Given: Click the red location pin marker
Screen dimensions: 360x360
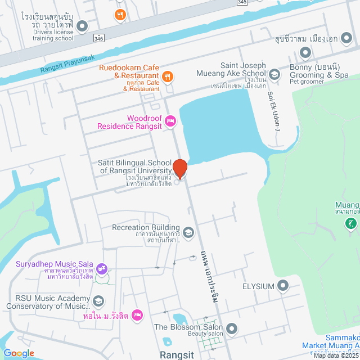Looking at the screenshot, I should point(180,168).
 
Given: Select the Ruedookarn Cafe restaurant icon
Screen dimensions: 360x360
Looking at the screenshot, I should point(167,76).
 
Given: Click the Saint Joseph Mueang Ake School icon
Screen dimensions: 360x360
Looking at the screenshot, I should point(274,73).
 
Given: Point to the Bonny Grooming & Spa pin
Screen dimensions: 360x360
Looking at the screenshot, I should point(305,53).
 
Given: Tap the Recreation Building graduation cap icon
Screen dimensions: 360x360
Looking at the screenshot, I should point(188,232).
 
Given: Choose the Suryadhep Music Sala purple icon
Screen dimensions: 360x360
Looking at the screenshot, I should point(102,268).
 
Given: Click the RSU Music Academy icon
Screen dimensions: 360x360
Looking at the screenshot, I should point(99,301).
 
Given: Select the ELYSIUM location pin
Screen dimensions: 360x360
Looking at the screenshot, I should point(282,286).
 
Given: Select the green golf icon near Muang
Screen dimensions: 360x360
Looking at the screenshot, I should point(350,223).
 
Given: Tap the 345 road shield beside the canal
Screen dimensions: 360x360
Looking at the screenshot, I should point(98,38).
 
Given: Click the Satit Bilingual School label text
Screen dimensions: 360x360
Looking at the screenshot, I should point(135,166).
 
